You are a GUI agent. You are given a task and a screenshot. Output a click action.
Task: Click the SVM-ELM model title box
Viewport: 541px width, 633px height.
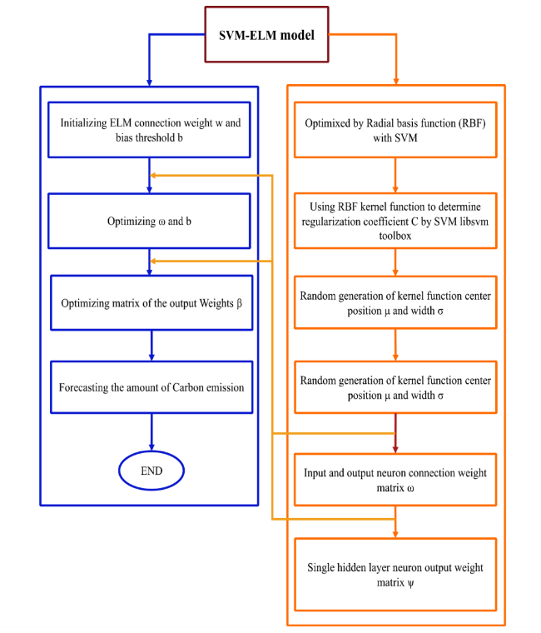click(x=266, y=34)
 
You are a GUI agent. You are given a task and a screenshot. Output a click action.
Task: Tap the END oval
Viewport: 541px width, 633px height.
click(x=151, y=471)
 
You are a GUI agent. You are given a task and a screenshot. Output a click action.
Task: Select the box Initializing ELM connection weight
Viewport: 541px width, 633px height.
click(x=149, y=130)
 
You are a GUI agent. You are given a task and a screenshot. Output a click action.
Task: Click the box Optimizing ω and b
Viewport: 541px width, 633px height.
click(x=149, y=221)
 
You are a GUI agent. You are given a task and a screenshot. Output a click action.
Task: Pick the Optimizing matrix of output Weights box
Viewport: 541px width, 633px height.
click(x=151, y=303)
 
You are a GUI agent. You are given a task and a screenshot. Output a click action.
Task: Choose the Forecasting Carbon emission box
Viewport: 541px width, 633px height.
click(x=151, y=387)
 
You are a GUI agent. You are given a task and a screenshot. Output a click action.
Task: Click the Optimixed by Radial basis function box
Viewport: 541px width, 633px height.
click(x=395, y=130)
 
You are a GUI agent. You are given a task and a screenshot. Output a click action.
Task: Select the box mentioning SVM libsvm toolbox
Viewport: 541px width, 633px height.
click(x=395, y=221)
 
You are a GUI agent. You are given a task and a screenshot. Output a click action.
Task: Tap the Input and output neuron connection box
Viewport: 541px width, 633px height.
click(x=395, y=480)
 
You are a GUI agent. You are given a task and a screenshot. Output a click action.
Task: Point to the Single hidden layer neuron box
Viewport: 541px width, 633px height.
click(x=395, y=575)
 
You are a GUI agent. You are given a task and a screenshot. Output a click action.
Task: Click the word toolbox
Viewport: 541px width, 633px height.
click(x=395, y=236)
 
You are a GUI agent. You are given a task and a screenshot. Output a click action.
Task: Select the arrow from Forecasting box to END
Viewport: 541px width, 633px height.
click(x=151, y=432)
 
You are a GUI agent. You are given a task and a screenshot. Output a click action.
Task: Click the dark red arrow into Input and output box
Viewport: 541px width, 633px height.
click(x=395, y=433)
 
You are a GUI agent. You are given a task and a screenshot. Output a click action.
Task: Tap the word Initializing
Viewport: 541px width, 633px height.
click(x=84, y=122)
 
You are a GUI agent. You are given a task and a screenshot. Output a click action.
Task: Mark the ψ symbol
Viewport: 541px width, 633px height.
click(x=410, y=583)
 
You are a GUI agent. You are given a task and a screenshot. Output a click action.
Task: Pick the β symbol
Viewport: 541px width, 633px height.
click(x=239, y=303)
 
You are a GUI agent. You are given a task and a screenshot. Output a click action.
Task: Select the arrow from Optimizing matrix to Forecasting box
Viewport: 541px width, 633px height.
click(x=151, y=346)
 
